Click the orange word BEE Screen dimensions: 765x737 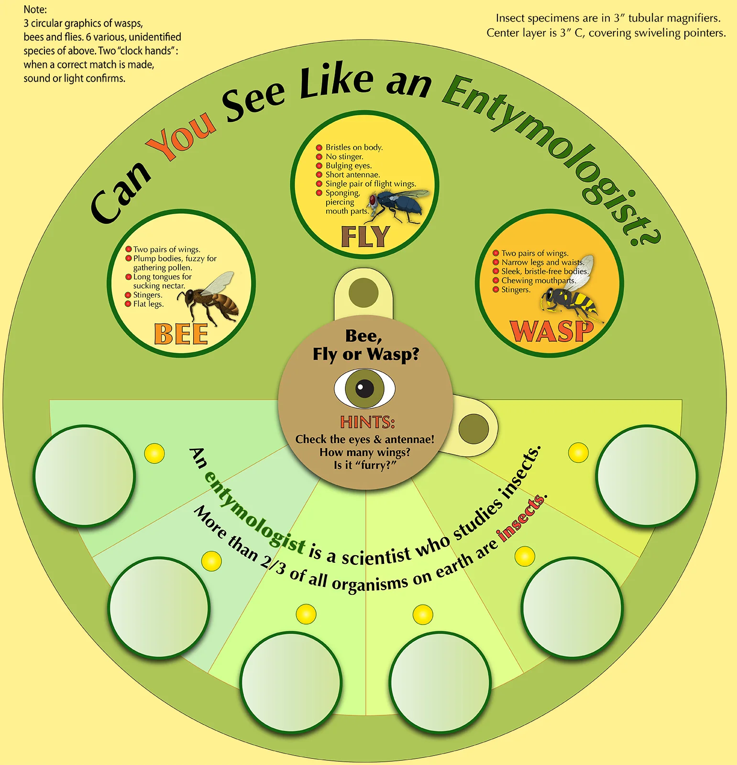click(181, 334)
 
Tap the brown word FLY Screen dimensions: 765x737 click(365, 237)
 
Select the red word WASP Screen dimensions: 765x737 click(551, 331)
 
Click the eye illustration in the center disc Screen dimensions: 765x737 click(364, 388)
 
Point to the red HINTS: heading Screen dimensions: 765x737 click(367, 422)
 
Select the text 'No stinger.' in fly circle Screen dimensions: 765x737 click(344, 157)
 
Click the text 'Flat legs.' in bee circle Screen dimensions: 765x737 click(148, 304)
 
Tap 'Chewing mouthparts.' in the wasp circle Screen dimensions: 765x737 click(539, 280)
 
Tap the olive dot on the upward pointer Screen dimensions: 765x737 click(363, 292)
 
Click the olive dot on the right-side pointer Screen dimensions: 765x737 click(473, 429)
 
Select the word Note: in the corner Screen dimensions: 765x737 click(35, 10)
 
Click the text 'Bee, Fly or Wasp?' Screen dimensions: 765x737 click(365, 345)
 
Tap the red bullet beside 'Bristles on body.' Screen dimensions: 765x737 click(319, 148)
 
